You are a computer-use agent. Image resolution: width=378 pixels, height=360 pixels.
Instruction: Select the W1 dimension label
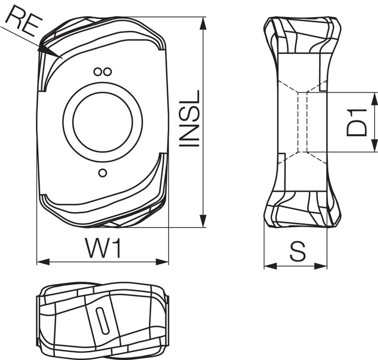[x=103, y=248]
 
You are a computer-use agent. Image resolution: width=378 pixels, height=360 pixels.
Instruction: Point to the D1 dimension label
[x=357, y=123]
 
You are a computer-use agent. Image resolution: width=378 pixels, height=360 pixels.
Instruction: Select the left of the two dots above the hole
[x=97, y=71]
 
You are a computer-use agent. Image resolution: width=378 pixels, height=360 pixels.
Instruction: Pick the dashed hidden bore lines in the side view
[x=302, y=122]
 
